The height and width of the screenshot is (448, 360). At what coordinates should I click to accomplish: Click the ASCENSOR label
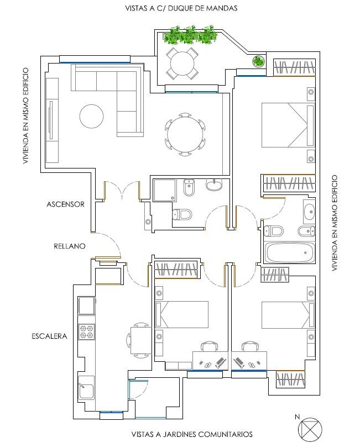65,204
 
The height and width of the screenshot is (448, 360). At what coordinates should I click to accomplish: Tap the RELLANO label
70,246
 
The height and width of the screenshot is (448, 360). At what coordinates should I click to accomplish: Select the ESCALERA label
49,336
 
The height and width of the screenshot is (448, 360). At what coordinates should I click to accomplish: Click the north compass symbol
310,429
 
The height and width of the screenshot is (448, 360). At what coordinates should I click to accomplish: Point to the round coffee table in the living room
91,117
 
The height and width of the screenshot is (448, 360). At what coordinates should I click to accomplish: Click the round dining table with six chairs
185,134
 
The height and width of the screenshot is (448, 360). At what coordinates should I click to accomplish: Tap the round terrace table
182,64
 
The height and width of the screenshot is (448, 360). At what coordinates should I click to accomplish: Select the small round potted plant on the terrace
258,61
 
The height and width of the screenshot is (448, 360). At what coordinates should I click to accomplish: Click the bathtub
289,253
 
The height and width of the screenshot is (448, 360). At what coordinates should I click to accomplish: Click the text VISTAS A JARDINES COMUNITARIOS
192,434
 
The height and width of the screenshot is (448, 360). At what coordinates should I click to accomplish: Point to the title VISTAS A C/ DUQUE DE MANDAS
181,8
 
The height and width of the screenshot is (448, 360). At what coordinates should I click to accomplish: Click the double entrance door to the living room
122,190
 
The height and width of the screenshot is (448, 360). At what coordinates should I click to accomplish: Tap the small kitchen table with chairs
140,340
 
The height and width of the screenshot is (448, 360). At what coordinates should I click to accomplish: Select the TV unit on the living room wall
52,120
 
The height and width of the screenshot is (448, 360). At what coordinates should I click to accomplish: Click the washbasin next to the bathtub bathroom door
309,212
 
